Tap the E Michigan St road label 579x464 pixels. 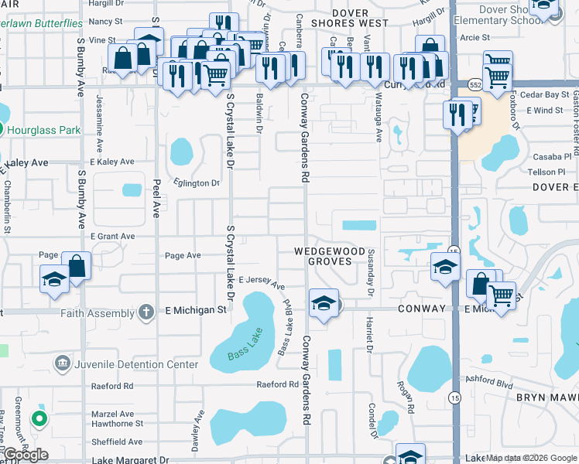point(196,310)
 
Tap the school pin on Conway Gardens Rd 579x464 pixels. point(324,303)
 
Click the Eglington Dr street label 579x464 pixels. point(197,183)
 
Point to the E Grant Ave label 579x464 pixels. point(112,236)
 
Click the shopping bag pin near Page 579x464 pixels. point(77,267)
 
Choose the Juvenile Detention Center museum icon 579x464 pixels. point(62,363)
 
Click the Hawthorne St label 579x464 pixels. point(118,424)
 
